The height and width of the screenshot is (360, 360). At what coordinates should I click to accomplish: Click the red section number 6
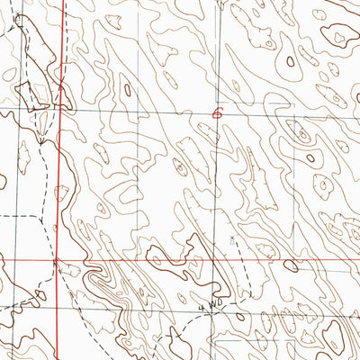coord(216,112)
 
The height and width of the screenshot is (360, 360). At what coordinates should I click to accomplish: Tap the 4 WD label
coord(210,307)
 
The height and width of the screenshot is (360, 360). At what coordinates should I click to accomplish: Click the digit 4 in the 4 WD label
coord(202,308)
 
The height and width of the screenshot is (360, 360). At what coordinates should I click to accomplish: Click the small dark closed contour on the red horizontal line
coord(290,265)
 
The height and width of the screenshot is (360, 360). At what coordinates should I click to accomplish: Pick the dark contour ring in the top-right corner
coord(339,37)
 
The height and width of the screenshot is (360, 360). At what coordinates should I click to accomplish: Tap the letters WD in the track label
coord(214,307)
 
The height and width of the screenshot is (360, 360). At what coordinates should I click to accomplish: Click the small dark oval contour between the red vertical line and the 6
coord(127,89)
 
